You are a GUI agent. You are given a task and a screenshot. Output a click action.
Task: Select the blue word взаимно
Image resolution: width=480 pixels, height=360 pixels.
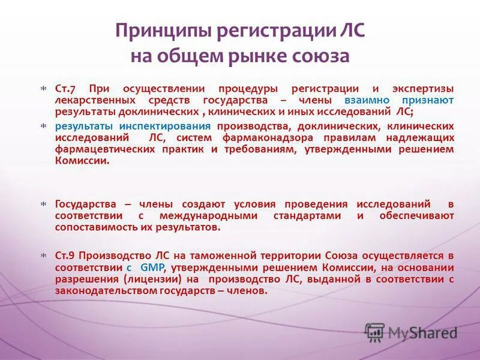(367, 100)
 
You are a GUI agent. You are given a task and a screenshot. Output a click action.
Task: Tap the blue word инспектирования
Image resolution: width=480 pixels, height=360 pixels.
(173, 126)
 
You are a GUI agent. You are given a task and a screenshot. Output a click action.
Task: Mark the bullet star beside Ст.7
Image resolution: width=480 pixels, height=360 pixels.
(43, 89)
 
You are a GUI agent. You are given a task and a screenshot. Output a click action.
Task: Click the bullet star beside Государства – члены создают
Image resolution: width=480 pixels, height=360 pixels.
(43, 205)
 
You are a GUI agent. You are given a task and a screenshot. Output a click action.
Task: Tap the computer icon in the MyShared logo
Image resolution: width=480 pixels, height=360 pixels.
(375, 332)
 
